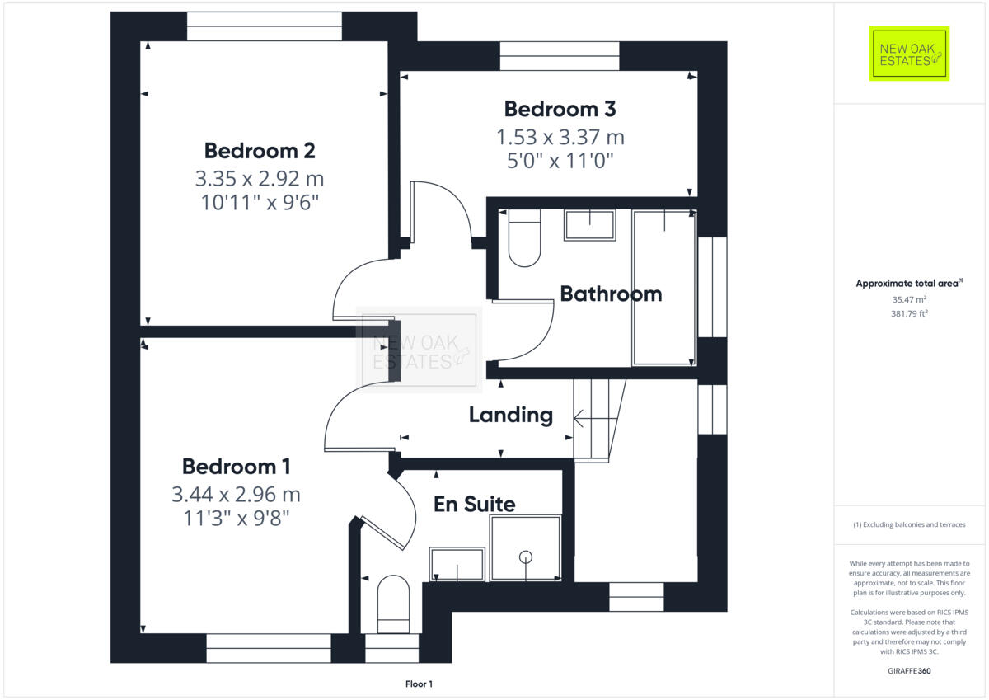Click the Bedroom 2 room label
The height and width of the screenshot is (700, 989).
260,151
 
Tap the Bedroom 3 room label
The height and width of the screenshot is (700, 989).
560,109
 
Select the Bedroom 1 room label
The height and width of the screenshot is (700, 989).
236,467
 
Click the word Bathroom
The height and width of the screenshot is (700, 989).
611,294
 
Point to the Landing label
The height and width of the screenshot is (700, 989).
510,415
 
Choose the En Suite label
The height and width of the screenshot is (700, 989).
474,504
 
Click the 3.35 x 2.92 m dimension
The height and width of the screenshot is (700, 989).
260,178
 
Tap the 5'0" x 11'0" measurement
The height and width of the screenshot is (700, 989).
560,159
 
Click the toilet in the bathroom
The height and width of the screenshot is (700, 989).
524,239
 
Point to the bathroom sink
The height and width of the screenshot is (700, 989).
589,225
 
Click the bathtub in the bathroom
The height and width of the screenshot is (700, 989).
663,287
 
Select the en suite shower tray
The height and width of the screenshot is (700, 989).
525,548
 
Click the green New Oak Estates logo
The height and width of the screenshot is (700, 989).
909,54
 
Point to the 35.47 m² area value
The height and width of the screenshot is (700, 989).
909,300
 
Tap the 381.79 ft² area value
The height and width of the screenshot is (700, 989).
909,313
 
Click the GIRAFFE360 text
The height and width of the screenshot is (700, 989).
909,671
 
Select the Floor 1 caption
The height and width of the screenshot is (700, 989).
419,684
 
